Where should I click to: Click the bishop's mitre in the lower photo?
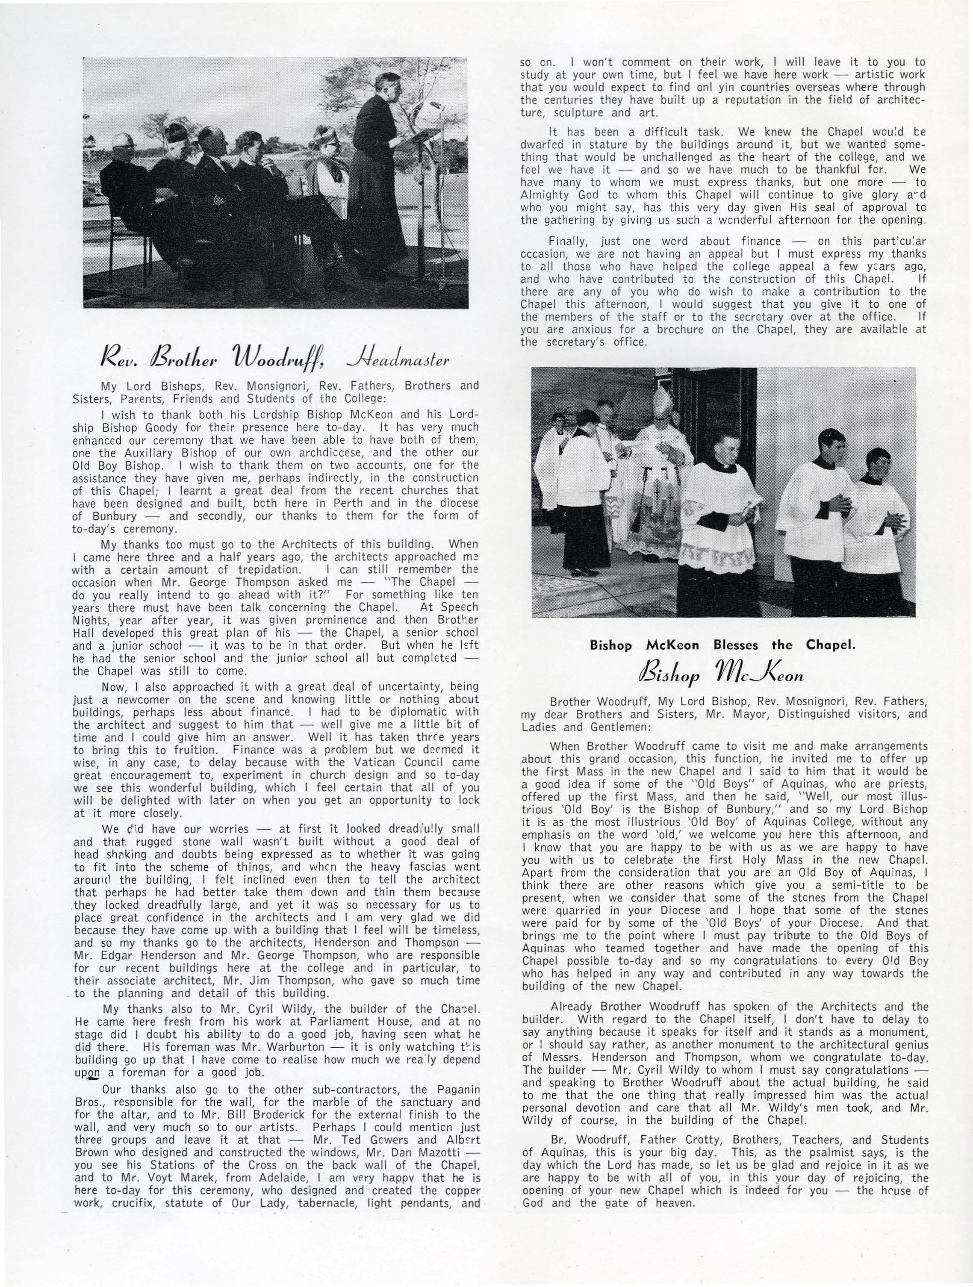(662, 401)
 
